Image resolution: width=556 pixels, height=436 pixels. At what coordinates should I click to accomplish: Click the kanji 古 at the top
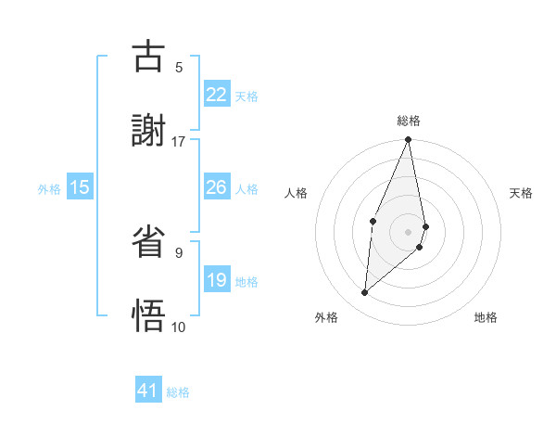pyautogui.click(x=149, y=58)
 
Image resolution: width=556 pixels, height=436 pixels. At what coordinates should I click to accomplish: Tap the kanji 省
pyautogui.click(x=149, y=244)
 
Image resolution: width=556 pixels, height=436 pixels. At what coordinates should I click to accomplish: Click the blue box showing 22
pyautogui.click(x=217, y=95)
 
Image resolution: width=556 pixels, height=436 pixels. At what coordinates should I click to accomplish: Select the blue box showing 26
pyautogui.click(x=217, y=187)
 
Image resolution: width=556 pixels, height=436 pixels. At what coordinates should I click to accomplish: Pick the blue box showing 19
pyautogui.click(x=217, y=280)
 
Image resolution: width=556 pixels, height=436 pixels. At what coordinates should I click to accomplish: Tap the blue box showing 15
pyautogui.click(x=80, y=187)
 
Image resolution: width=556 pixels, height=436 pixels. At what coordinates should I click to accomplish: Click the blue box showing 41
pyautogui.click(x=148, y=391)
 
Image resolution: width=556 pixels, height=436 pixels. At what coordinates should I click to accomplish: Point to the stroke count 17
pyautogui.click(x=179, y=141)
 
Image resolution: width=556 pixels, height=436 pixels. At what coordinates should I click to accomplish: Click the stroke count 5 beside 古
pyautogui.click(x=179, y=67)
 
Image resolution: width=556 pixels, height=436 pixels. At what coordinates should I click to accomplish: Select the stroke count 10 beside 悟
pyautogui.click(x=179, y=327)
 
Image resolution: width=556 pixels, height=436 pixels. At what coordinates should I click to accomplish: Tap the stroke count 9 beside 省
pyautogui.click(x=179, y=252)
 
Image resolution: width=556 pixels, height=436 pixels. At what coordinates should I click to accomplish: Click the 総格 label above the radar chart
pyautogui.click(x=409, y=121)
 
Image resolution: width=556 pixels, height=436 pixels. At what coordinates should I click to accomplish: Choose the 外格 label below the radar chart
pyautogui.click(x=326, y=317)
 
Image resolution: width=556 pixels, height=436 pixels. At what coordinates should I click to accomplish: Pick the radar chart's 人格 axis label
pyautogui.click(x=297, y=193)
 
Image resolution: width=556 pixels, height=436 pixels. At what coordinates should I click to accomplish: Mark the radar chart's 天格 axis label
pyautogui.click(x=522, y=193)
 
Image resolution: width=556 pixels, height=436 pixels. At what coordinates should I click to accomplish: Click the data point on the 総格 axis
pyautogui.click(x=409, y=140)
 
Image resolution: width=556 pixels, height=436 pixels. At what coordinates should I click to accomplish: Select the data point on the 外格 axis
pyautogui.click(x=365, y=293)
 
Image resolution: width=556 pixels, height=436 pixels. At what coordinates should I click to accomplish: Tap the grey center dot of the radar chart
pyautogui.click(x=409, y=231)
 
